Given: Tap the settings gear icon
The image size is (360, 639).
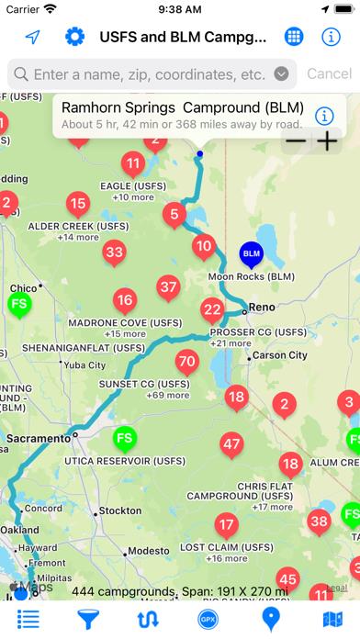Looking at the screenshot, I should [74, 37].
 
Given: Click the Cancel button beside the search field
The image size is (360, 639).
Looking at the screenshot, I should [329, 73].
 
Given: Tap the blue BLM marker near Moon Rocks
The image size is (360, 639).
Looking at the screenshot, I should [251, 252].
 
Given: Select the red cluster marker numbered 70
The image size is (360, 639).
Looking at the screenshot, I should [186, 361].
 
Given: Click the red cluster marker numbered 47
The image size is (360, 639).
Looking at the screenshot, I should [231, 444].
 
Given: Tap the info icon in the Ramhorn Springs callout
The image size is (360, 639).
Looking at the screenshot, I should [322, 116].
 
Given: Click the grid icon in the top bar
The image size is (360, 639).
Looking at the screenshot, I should [294, 37].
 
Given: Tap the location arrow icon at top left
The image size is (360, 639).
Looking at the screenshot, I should [33, 37].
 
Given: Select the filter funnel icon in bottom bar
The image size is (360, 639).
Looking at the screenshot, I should [88, 618].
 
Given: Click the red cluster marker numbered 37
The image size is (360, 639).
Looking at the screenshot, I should [168, 287].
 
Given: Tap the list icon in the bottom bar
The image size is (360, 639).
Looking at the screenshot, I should [28, 618].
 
